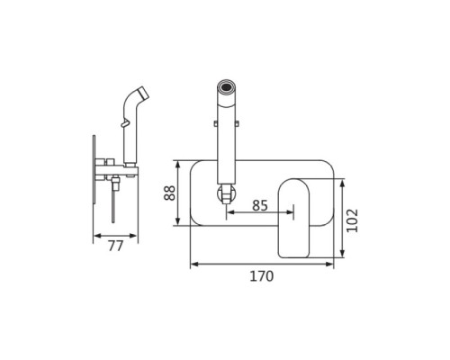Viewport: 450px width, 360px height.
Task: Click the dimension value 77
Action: pyautogui.click(x=115, y=246)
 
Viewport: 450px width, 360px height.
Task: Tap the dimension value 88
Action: pyautogui.click(x=169, y=193)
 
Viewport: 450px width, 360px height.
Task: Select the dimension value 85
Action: pyautogui.click(x=260, y=205)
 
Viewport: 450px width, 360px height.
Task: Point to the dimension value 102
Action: pyautogui.click(x=352, y=220)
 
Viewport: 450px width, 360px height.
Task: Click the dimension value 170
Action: pyautogui.click(x=262, y=276)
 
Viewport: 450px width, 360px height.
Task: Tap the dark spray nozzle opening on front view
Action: pyautogui.click(x=227, y=87)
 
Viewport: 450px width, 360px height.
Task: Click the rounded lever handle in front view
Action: pyautogui.click(x=293, y=218)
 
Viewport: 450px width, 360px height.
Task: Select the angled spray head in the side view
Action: pyautogui.click(x=137, y=96)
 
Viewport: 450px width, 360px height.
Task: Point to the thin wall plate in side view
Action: pyautogui.click(x=94, y=169)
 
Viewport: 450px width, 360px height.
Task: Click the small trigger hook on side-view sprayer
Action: pyautogui.click(x=125, y=122)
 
